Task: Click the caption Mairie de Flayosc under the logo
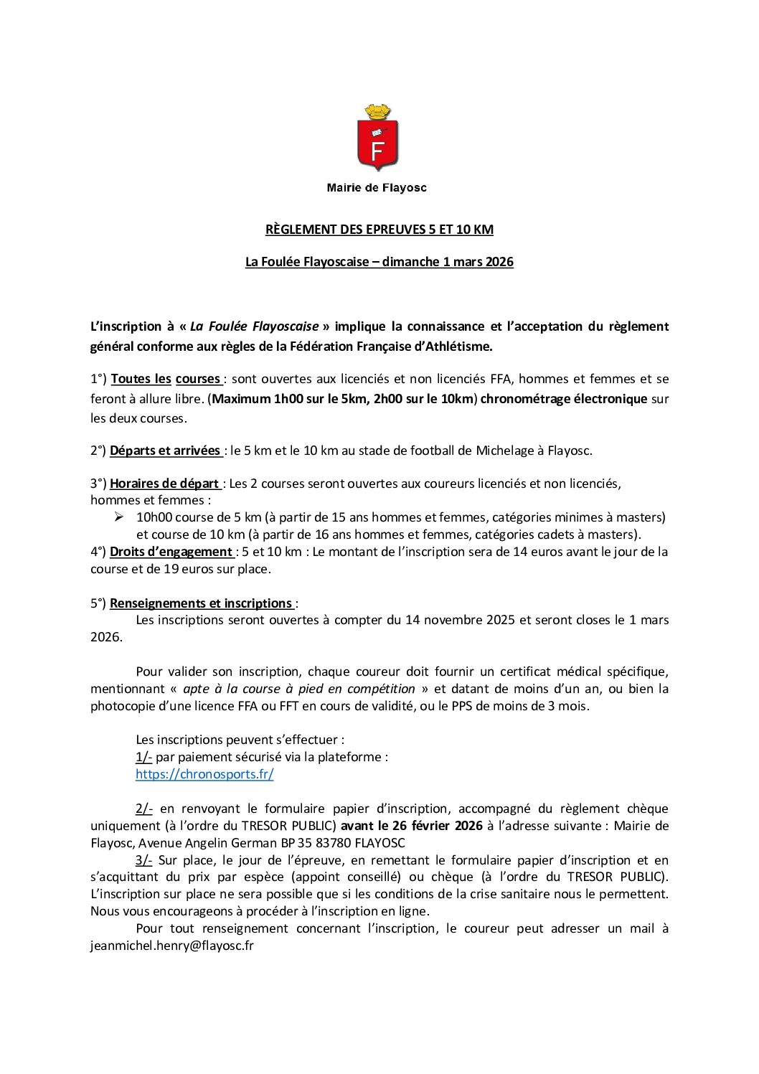pos(377,188)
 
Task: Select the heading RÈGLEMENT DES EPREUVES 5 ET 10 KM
pos(379,230)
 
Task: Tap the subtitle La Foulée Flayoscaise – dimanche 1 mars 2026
pos(379,262)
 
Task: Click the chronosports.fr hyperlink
pos(204,774)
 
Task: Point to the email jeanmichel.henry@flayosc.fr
pos(172,946)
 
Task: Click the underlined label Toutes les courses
pos(166,379)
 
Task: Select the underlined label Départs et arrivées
pos(165,451)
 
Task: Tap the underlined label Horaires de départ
pos(164,484)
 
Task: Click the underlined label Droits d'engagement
pos(171,552)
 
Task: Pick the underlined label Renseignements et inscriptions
pos(201,603)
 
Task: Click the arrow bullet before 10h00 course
pos(119,517)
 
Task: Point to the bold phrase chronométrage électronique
pos(564,399)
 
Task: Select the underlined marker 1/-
pos(143,757)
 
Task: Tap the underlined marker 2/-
pos(143,809)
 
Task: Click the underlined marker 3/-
pos(143,860)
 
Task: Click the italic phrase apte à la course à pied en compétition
pos(299,689)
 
